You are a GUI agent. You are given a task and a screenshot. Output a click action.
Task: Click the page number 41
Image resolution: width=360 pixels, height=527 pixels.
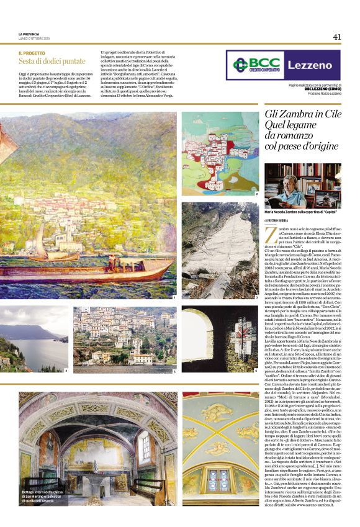pyautogui.click(x=337, y=37)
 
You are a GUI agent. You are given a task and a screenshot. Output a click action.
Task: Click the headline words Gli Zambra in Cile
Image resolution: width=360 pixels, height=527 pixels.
pyautogui.click(x=300, y=116)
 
